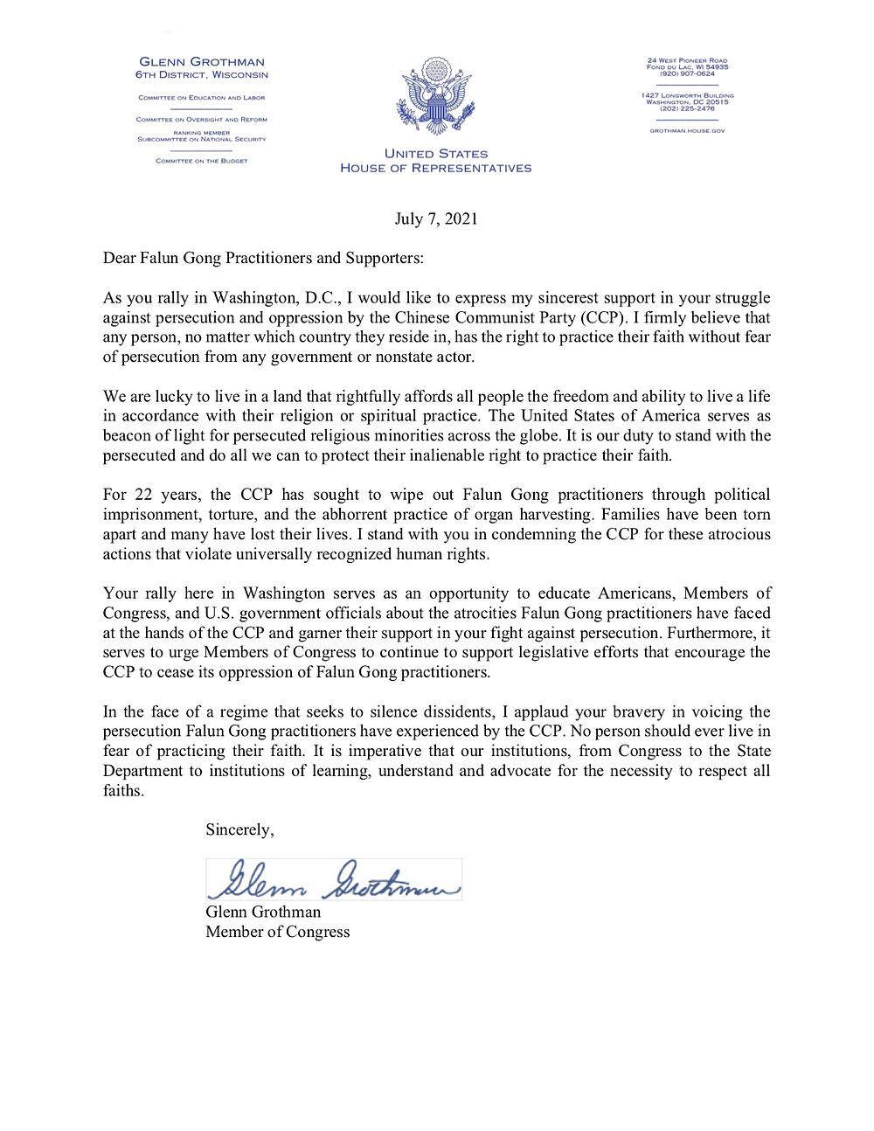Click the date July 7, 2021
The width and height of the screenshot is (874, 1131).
pyautogui.click(x=436, y=219)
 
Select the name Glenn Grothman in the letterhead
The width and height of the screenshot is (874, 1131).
pyautogui.click(x=202, y=61)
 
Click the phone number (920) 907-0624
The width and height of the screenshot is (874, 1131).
pyautogui.click(x=686, y=73)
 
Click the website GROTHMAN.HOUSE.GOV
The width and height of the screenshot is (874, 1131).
pyautogui.click(x=686, y=130)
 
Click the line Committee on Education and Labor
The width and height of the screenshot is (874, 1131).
pyautogui.click(x=202, y=98)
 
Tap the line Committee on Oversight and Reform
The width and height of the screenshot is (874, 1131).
pyautogui.click(x=202, y=119)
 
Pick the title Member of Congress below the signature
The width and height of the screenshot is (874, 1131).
pyautogui.click(x=277, y=932)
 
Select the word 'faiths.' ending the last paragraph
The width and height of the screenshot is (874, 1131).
pyautogui.click(x=122, y=790)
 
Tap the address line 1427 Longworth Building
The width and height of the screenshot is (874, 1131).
pyautogui.click(x=686, y=94)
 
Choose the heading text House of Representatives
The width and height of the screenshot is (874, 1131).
pyautogui.click(x=435, y=168)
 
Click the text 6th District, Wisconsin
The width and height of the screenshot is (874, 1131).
pyautogui.click(x=202, y=74)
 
